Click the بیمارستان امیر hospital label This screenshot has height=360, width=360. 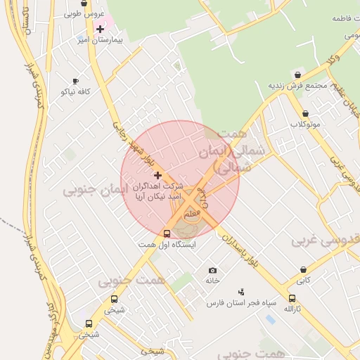[x=102, y=41]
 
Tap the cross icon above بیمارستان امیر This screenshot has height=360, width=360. [x=101, y=29]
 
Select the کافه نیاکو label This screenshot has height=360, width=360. [x=76, y=92]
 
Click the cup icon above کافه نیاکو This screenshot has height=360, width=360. [x=76, y=81]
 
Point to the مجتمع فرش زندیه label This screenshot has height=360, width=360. [x=298, y=86]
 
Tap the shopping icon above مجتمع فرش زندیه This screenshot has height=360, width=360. [x=298, y=75]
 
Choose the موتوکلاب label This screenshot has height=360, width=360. [x=305, y=124]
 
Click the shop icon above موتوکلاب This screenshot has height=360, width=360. [x=305, y=113]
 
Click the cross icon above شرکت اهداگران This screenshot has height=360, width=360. [x=157, y=175]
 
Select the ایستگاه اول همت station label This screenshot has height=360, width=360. [x=167, y=245]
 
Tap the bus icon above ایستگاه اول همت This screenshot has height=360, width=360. [x=167, y=234]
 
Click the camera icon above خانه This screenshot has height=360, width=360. [x=213, y=271]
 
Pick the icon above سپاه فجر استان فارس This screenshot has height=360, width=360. [x=242, y=291]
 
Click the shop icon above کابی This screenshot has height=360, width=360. [x=303, y=269]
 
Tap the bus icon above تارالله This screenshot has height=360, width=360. [x=292, y=298]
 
